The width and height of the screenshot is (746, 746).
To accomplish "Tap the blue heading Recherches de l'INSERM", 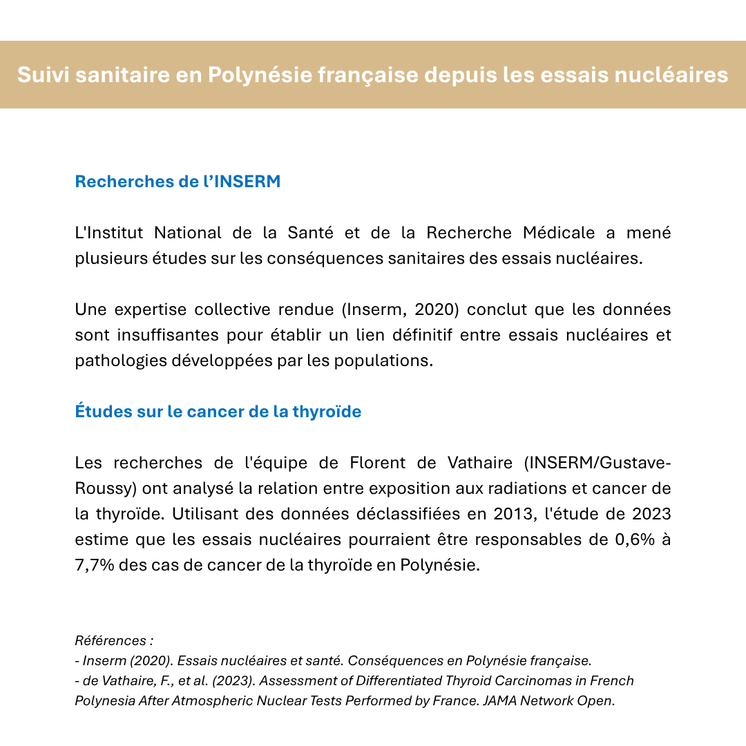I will tap(178, 182).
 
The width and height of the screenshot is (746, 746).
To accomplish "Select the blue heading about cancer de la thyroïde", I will tap(218, 412).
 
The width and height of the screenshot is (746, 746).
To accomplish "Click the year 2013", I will tap(513, 514).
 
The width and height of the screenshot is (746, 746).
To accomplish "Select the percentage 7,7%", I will tap(94, 565).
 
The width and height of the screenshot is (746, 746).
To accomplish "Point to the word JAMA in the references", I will tap(501, 700).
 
